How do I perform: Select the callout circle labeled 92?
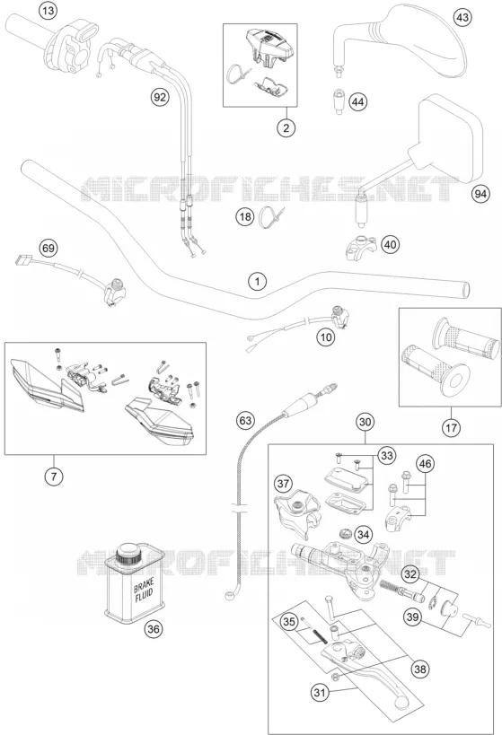pyautogui.click(x=160, y=97)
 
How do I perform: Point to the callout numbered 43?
pyautogui.click(x=462, y=18)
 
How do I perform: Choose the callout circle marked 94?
pyautogui.click(x=480, y=194)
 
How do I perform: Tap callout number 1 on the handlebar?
pyautogui.click(x=257, y=282)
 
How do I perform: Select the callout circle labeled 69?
pyautogui.click(x=48, y=248)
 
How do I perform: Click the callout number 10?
pyautogui.click(x=326, y=337)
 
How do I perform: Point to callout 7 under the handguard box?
pyautogui.click(x=54, y=477)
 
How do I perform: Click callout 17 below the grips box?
pyautogui.click(x=451, y=427)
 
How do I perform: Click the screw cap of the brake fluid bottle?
pyautogui.click(x=129, y=555)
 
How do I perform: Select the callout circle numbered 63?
pyautogui.click(x=245, y=421)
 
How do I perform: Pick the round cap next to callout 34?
pyautogui.click(x=346, y=534)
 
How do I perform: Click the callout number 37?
pyautogui.click(x=283, y=484)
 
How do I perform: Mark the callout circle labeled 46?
pyautogui.click(x=425, y=464)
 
